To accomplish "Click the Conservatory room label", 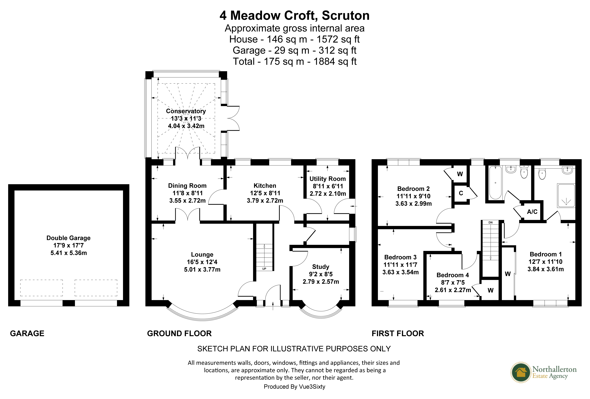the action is tap(186, 111).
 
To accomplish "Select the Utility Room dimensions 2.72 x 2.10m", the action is tap(328, 194).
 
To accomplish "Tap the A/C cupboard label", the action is tap(532, 212).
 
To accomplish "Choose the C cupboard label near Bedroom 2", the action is tap(461, 193).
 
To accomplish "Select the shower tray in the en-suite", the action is tap(566, 195).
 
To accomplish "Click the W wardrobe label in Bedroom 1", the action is tap(508, 274).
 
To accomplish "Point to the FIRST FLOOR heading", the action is tap(398, 333).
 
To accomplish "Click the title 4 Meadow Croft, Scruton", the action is tap(294, 15).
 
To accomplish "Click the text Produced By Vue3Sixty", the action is tap(294, 387).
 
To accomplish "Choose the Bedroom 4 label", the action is tap(453, 275).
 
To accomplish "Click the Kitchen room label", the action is tap(265, 186).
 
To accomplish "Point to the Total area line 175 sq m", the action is tap(294, 61).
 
